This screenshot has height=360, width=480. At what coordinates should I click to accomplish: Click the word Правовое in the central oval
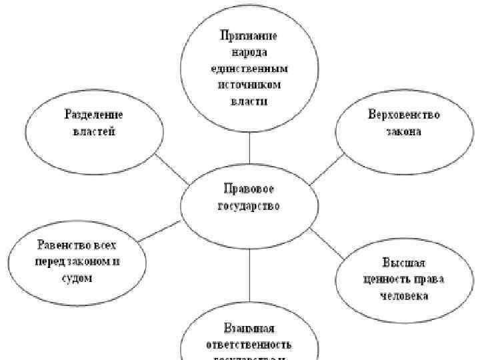[249, 189]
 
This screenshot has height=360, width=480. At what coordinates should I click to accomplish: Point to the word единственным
[248, 68]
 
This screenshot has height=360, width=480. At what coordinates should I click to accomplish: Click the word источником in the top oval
[248, 85]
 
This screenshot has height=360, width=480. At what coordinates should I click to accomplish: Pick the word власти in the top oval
[248, 101]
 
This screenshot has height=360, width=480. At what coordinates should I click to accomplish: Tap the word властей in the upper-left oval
[93, 131]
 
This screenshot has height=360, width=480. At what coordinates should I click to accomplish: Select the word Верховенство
[404, 115]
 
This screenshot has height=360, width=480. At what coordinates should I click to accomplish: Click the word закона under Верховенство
[404, 131]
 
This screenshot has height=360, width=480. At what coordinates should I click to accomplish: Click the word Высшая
[404, 261]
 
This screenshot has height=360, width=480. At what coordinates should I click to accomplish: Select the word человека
[404, 295]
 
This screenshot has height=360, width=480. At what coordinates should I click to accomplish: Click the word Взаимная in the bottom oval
[249, 329]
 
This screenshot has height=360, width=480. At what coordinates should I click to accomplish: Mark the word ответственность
[249, 345]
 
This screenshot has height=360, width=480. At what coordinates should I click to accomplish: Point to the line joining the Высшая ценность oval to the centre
[327, 244]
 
